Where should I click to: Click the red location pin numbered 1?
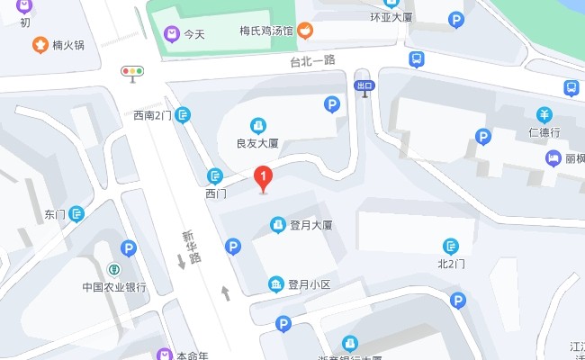(263, 178)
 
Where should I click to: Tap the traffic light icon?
(133, 71)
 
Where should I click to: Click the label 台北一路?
(312, 61)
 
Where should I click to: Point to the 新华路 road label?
(190, 246)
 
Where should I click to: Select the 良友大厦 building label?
(257, 143)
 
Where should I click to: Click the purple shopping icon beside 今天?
(170, 34)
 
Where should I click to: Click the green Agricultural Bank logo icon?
(114, 269)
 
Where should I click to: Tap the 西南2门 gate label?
(151, 115)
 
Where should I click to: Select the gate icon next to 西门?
(215, 176)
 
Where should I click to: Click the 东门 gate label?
(55, 214)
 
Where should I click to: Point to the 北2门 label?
(451, 264)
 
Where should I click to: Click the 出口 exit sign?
(364, 85)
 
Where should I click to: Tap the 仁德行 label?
(544, 132)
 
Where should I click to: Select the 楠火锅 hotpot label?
(68, 44)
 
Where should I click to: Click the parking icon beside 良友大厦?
(332, 105)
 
